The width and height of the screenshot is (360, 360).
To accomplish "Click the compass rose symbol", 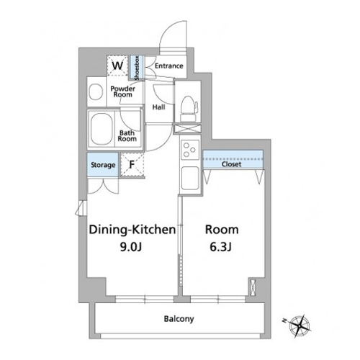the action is tap(300, 325).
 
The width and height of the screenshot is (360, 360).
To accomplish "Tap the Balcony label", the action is tap(179, 319).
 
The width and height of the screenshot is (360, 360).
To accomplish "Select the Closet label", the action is tap(231, 164).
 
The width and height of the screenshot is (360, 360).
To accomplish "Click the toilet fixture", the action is tap(189, 109).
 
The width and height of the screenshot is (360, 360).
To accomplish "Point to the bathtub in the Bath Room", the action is tap(102, 129).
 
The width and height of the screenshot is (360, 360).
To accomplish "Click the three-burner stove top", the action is tap(190, 150).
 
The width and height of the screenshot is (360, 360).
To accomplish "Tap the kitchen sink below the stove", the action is tap(190, 178).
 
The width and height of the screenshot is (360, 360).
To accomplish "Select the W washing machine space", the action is tap(117, 66).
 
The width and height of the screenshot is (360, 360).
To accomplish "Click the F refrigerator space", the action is tap(132, 164).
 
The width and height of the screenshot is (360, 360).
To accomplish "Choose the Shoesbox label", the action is tap(137, 68).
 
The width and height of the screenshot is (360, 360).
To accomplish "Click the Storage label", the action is tap(103, 165).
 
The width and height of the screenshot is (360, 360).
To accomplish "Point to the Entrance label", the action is tap(168, 66).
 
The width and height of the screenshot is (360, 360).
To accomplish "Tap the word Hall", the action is tap(158, 107).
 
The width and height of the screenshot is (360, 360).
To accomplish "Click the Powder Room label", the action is tap(122, 91).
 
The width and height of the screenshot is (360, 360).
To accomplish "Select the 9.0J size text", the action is tap(131, 247).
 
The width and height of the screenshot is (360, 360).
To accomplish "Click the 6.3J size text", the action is tap(220, 247).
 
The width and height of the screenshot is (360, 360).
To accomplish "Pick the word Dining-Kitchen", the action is tap(132, 230).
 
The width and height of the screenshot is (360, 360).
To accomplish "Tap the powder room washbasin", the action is tap(95, 91).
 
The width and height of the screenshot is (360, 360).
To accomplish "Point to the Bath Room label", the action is tap(127, 135).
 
